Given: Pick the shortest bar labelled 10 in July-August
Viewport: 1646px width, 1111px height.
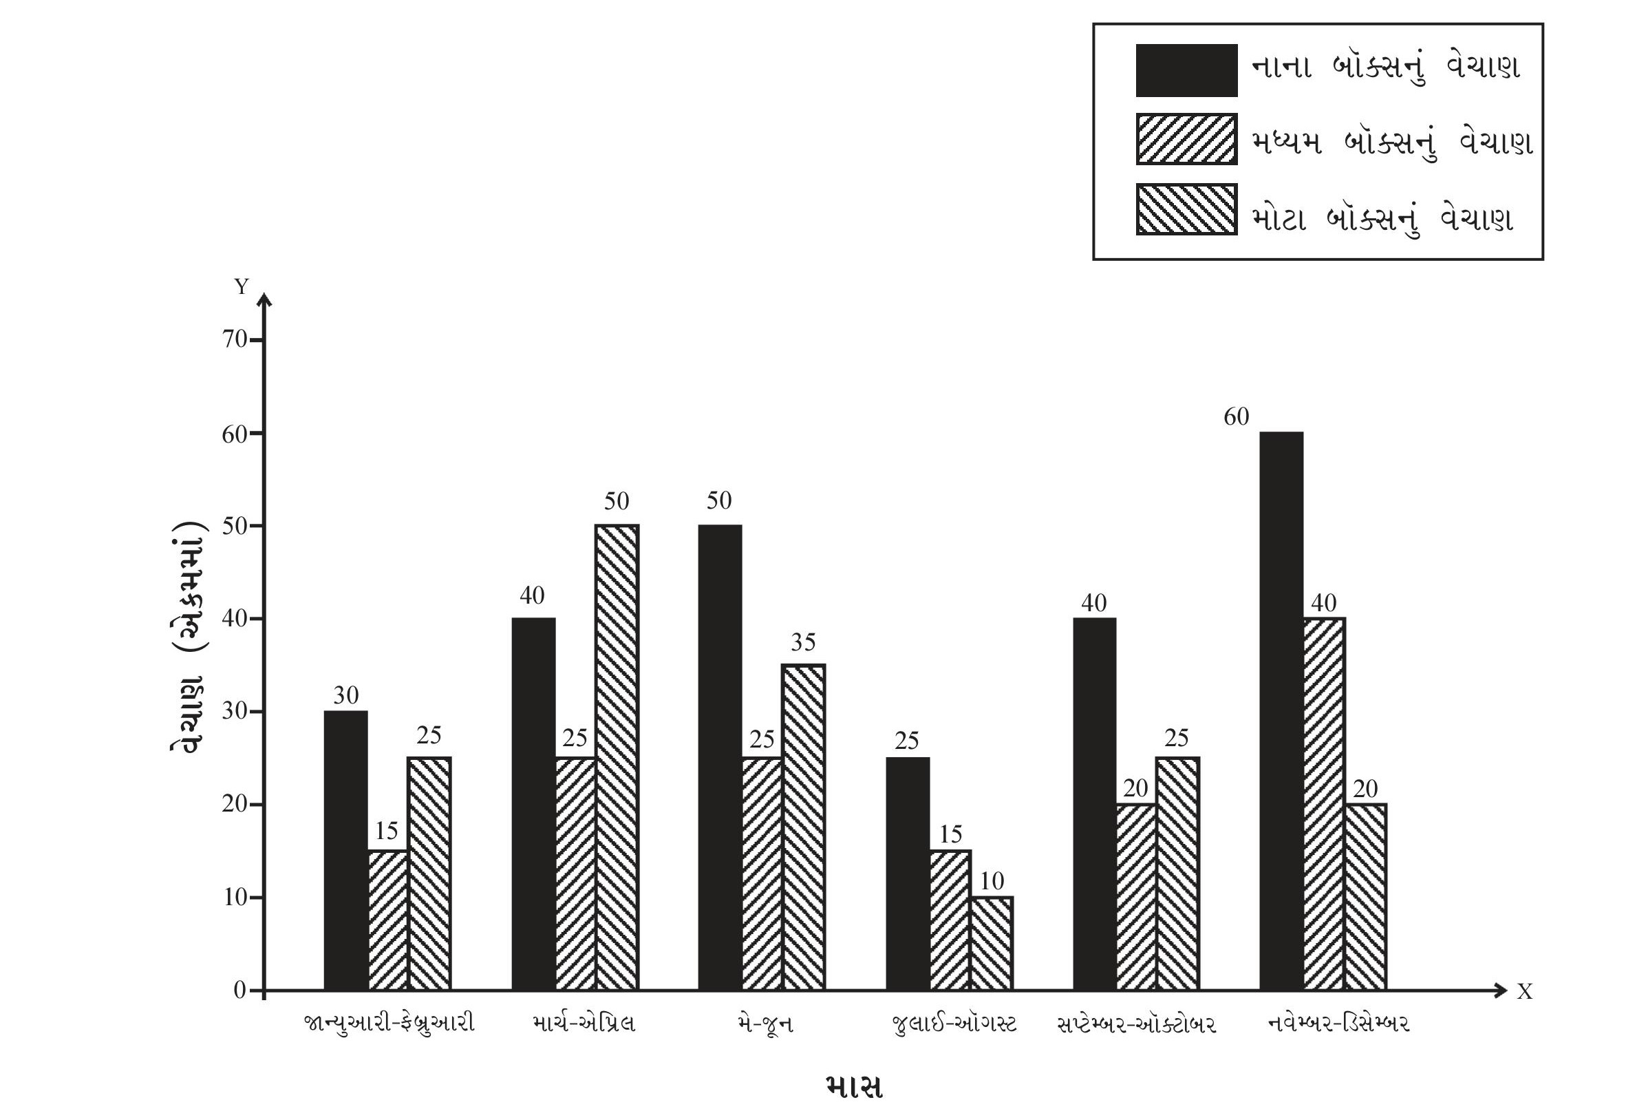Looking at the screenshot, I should coord(992,943).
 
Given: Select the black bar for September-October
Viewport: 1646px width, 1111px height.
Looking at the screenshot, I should coord(1094,803).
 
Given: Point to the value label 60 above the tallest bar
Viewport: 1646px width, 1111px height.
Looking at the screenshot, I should coord(1236,416).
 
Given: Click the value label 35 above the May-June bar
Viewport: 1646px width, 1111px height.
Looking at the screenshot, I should coord(803,642).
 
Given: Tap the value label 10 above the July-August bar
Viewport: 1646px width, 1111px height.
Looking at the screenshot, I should coord(992,880).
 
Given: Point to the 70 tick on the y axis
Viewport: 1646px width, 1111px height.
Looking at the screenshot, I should coord(235,340).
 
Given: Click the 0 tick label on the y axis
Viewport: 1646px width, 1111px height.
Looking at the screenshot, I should coord(239,990).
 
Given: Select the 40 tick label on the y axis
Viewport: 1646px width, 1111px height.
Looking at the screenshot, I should coord(235,619).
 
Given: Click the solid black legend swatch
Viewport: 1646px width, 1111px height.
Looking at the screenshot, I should coord(1186,70).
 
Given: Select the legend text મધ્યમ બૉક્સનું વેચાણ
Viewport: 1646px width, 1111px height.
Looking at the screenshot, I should coord(1391,143).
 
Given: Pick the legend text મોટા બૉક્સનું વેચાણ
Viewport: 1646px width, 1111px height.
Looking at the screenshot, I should coord(1382,218).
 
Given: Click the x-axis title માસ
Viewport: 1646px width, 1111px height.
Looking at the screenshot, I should coord(854,1086).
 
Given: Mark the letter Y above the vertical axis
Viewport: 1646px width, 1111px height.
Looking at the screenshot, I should coord(242,286).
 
